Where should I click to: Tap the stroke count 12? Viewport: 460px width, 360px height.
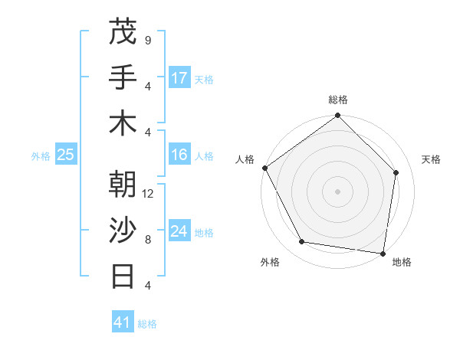pos(149,193)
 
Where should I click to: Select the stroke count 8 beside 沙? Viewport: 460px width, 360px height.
pos(147,239)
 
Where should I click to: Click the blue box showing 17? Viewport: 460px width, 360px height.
pos(179,78)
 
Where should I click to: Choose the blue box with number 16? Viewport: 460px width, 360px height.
pos(179,155)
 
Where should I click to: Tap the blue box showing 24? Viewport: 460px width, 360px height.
pos(179,231)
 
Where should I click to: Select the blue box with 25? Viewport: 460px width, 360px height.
pos(65,155)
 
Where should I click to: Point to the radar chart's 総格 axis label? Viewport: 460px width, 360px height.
pos(338,100)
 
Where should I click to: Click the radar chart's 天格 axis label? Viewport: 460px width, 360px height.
pos(432,159)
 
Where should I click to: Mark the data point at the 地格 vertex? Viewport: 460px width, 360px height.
pos(383,253)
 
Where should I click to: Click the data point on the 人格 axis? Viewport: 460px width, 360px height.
pos(264,168)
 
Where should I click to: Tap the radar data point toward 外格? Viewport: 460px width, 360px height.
pos(302,242)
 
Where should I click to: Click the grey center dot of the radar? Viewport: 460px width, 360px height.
pos(338,191)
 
